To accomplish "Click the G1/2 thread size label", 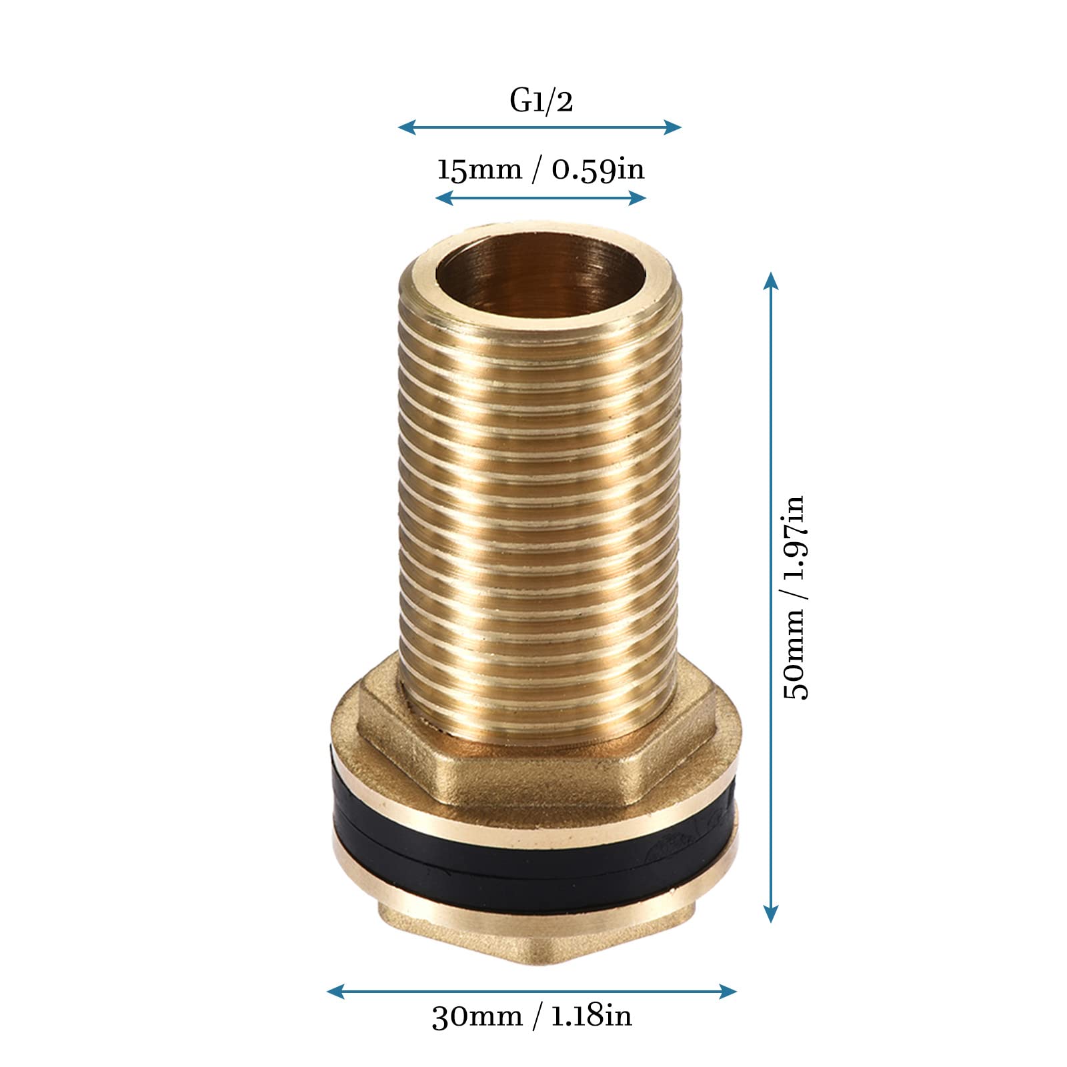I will click(x=541, y=101).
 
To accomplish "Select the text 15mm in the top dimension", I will click(x=479, y=169).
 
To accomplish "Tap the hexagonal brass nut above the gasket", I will click(x=533, y=767).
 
